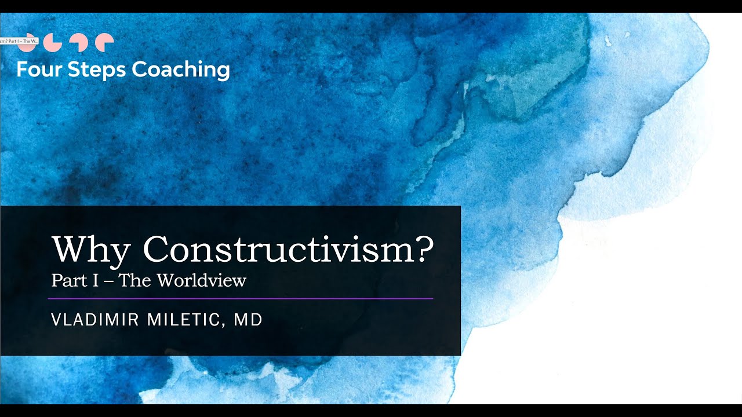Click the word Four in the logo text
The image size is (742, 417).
[x=39, y=70]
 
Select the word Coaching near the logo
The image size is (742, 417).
[x=181, y=70]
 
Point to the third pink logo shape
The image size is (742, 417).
[x=78, y=42]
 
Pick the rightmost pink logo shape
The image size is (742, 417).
[x=104, y=42]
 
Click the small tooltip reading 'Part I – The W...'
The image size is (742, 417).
[x=19, y=42]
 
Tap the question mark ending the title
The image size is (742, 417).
[x=424, y=249]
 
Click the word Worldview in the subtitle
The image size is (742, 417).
[x=201, y=281]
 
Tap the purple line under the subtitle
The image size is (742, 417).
[x=240, y=298]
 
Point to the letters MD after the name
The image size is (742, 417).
[x=248, y=320]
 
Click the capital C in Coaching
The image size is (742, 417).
[x=139, y=70]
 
